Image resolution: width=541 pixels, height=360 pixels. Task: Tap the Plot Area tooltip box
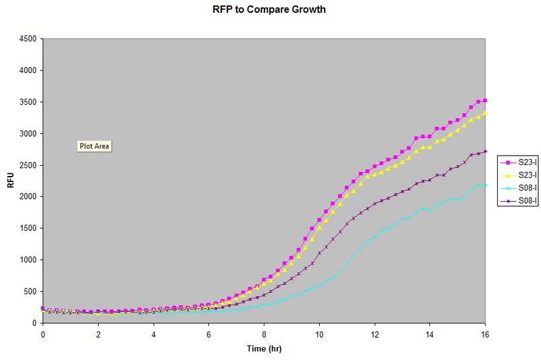point(95,145)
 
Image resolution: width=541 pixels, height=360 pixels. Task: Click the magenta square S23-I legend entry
point(517,162)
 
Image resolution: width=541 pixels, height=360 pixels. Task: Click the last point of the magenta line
point(485,100)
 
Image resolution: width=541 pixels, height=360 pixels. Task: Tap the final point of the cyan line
point(485,185)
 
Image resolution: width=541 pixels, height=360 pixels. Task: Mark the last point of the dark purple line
point(485,151)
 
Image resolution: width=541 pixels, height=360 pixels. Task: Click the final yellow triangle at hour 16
point(485,112)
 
